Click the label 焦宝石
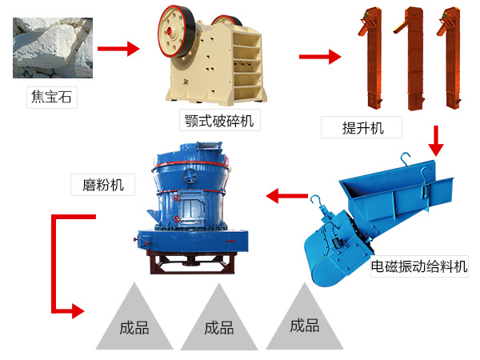click(51, 97)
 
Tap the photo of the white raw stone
click(53, 48)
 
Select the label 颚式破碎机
click(219, 120)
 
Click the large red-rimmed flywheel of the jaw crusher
click(176, 31)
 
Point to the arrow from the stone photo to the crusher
click(118, 49)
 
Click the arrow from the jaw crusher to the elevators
click(320, 57)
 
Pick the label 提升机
click(362, 127)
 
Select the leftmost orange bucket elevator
click(372, 58)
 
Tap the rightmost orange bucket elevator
click(450, 58)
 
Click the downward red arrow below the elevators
click(436, 141)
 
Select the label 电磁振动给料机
click(419, 266)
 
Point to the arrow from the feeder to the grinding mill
click(287, 196)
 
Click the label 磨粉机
click(103, 185)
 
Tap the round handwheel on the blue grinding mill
click(190, 176)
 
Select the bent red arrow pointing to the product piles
click(54, 263)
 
